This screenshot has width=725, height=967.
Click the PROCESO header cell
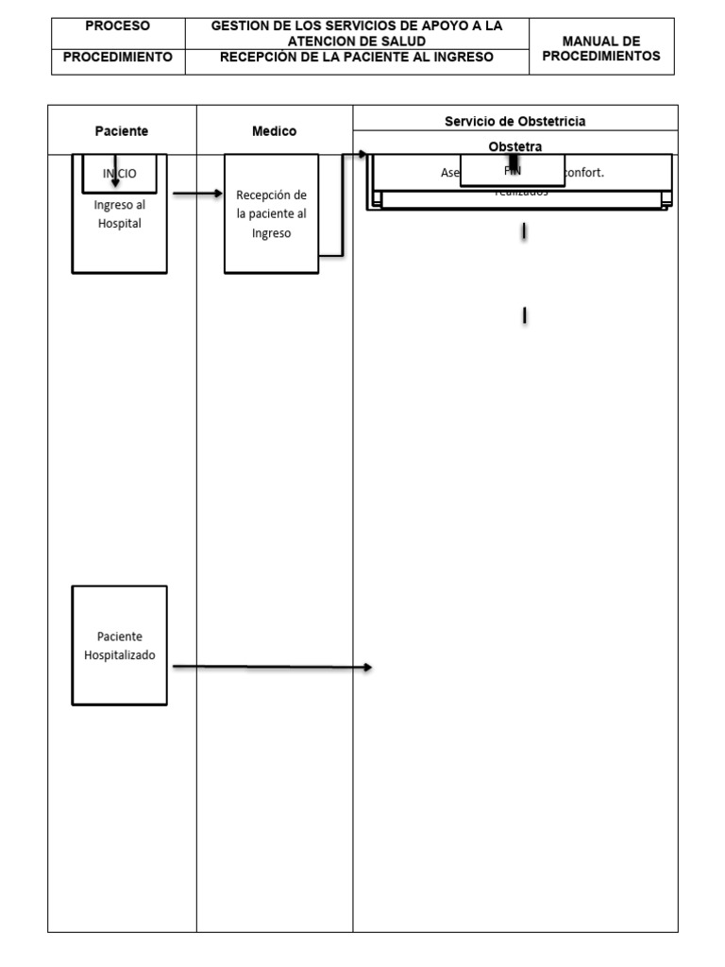click(118, 26)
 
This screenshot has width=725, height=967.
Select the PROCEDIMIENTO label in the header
click(118, 57)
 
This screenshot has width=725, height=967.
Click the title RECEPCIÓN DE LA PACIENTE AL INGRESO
click(357, 58)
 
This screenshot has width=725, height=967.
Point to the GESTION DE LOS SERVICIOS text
click(357, 26)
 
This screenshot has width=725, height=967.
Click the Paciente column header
click(122, 131)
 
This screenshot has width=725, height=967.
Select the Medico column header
click(275, 131)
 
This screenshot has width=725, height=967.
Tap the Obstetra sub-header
click(514, 145)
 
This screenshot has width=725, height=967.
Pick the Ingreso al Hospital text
click(119, 214)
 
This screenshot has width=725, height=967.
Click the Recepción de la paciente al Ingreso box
click(272, 214)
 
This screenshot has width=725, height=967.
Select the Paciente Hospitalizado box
click(120, 645)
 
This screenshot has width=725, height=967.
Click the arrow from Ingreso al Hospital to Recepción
click(196, 195)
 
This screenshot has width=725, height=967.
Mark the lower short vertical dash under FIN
click(524, 315)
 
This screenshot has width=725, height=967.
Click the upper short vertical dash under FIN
click(524, 232)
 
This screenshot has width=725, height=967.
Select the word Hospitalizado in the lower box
click(120, 653)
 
